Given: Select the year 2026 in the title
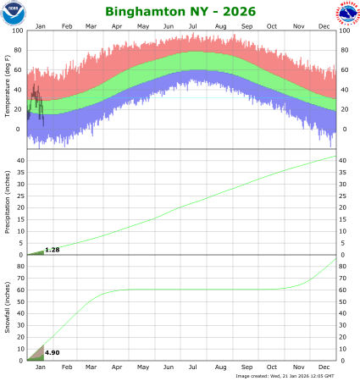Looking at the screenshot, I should pos(232,13).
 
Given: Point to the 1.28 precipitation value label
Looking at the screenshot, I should pos(51,250).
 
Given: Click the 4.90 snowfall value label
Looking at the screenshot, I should pos(51,351).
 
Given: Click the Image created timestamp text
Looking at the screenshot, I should pos(286,376).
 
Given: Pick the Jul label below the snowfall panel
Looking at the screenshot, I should pos(195,367).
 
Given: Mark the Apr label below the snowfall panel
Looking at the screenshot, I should pos(117,367).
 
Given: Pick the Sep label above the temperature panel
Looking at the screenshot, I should pos(246,26).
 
